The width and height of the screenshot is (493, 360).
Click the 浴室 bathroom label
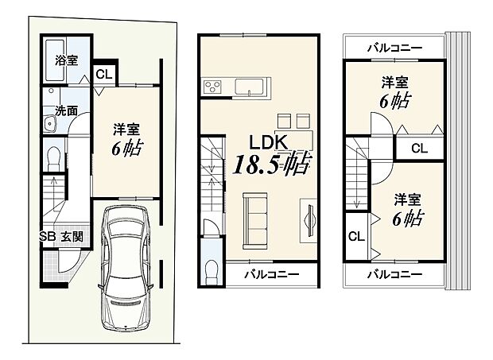coord(67,60)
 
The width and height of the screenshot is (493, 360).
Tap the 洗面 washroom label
coord(67,111)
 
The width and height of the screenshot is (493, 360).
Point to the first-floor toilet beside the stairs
coord(54,157)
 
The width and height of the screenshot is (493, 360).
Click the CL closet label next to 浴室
coord(103,75)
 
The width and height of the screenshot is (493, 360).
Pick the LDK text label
coord(266,143)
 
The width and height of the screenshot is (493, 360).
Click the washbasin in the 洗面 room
coord(49,123)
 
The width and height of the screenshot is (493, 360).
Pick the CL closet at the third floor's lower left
coord(355,237)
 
